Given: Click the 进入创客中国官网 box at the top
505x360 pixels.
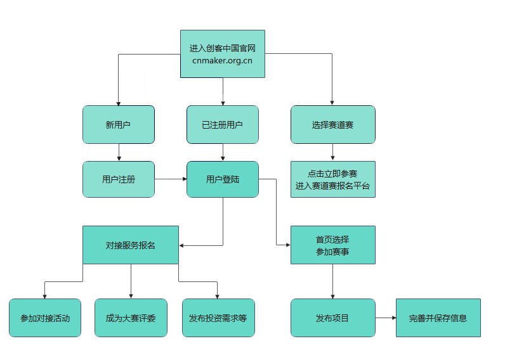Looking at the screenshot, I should click(x=222, y=48).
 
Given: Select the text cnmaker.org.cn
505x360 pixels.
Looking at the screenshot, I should click(x=222, y=60).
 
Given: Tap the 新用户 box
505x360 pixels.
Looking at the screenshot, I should click(x=119, y=125).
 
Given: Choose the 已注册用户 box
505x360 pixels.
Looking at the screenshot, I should click(x=222, y=125).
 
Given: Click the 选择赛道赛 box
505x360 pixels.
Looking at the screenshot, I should click(x=332, y=125).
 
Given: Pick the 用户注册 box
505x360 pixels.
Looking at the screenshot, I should click(x=119, y=179).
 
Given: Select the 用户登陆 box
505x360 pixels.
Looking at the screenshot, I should click(x=222, y=179).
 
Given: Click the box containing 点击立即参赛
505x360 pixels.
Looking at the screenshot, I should click(x=332, y=179).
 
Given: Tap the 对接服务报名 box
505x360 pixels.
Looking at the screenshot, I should click(x=131, y=245).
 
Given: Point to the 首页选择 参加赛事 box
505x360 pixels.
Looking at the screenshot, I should click(x=332, y=245).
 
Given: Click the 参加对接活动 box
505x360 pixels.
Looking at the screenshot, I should click(x=45, y=318).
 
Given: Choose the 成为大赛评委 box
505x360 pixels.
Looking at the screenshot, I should click(x=131, y=318).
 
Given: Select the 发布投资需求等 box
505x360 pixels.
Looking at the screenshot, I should click(x=218, y=318).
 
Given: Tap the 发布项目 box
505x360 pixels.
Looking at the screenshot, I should click(x=332, y=318).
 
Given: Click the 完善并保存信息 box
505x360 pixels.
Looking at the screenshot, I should click(x=438, y=318).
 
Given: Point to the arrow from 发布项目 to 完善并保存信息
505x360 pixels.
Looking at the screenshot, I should click(x=385, y=318).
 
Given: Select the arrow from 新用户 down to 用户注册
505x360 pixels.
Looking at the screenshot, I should click(x=119, y=152).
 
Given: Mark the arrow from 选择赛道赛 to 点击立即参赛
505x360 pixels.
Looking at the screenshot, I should click(x=332, y=152).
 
